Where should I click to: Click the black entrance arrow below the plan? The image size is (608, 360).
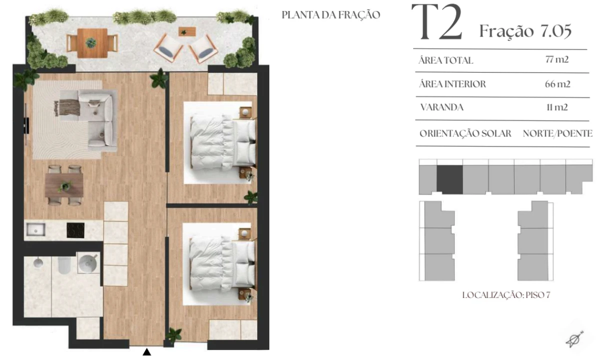pyautogui.click(x=147, y=352)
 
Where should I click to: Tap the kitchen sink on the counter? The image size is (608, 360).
pyautogui.click(x=36, y=229)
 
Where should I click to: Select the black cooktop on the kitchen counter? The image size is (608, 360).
pyautogui.click(x=75, y=230)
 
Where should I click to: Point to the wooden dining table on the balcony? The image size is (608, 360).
pyautogui.click(x=92, y=43)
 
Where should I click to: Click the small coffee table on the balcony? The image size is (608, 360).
pyautogui.click(x=187, y=31)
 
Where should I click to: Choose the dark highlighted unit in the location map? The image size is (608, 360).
pyautogui.click(x=450, y=179)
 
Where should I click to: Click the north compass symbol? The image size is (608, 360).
pyautogui.click(x=575, y=339)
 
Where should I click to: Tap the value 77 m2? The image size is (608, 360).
pyautogui.click(x=557, y=59)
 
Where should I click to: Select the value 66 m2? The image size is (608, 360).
pyautogui.click(x=558, y=84)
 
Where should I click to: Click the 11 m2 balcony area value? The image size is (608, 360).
pyautogui.click(x=557, y=107)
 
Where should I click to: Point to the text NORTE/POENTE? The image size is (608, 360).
pyautogui.click(x=558, y=133)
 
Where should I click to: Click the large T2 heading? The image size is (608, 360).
pyautogui.click(x=437, y=22)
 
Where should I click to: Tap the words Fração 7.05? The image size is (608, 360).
pyautogui.click(x=526, y=31)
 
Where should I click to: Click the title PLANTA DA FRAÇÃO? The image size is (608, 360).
pyautogui.click(x=331, y=15)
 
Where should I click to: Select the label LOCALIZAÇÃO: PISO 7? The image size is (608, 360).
pyautogui.click(x=506, y=295)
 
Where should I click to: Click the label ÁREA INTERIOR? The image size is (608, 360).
pyautogui.click(x=452, y=84)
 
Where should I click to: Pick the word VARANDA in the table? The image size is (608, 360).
pyautogui.click(x=442, y=107)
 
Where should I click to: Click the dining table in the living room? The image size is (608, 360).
pyautogui.click(x=64, y=185)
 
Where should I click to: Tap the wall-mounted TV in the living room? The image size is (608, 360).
pyautogui.click(x=26, y=125)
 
